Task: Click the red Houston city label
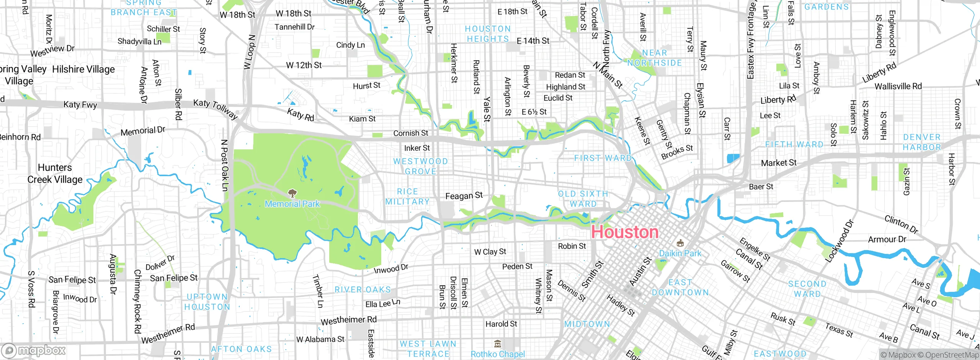[624, 232]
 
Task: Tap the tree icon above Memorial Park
[292, 193]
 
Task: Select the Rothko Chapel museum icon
[497, 343]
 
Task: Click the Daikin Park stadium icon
[680, 243]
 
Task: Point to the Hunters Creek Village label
[55, 173]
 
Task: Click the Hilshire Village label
[83, 69]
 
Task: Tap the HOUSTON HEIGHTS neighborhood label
[488, 34]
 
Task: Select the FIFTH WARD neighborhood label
[794, 144]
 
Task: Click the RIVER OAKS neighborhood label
[363, 290]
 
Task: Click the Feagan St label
[464, 196]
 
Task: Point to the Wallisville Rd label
[898, 86]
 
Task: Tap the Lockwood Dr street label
[839, 241]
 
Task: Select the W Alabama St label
[320, 339]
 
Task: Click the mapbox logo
[34, 350]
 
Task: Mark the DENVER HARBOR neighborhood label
[921, 142]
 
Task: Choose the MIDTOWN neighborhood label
[587, 324]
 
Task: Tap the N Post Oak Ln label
[225, 165]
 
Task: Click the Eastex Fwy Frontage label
[751, 40]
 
